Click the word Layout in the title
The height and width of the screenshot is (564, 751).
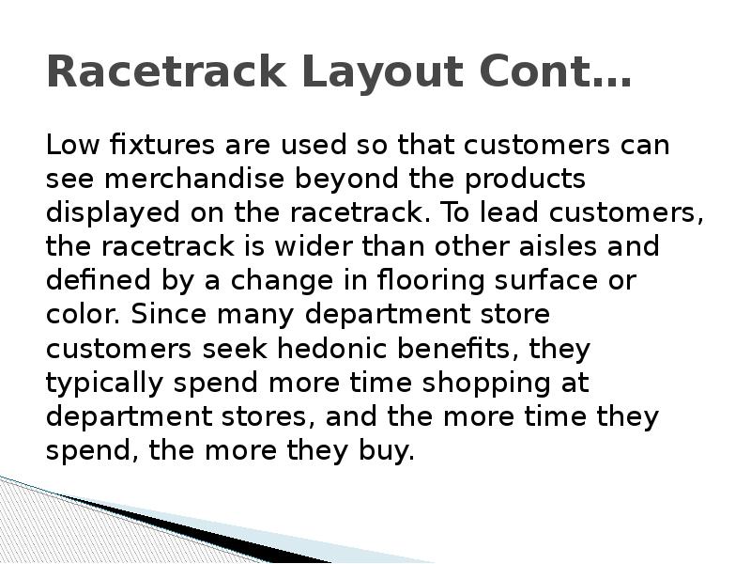[331, 72]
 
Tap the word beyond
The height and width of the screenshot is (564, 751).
[348, 180]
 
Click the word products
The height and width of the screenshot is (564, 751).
[526, 180]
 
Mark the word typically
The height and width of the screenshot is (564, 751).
[98, 383]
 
